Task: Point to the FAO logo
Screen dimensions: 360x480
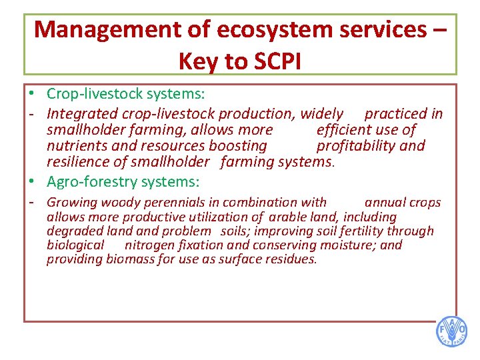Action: tap(451, 331)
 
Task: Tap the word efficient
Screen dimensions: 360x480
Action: tap(349, 130)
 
